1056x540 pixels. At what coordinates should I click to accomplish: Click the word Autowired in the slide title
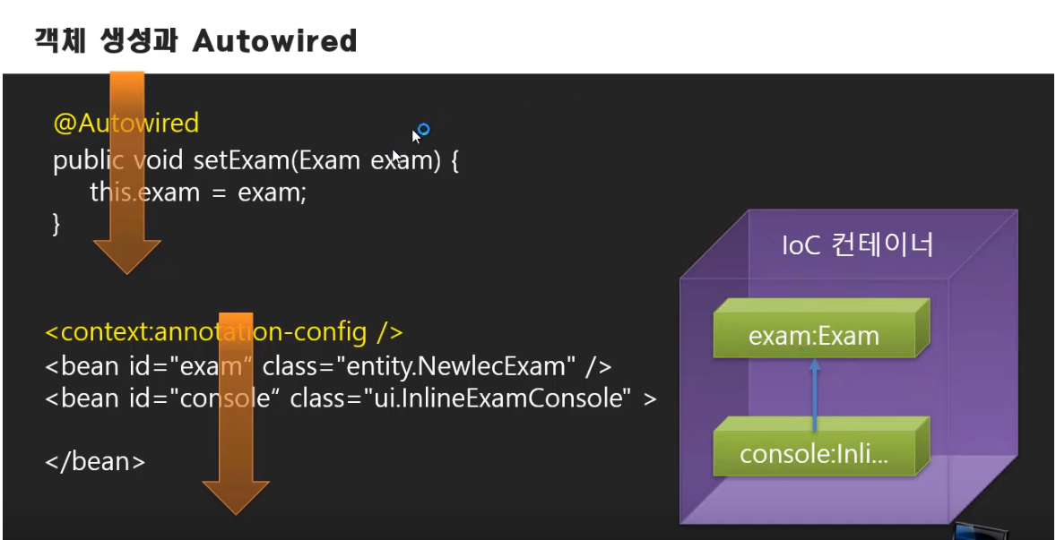(274, 40)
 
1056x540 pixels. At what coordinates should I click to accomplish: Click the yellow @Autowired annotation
(126, 123)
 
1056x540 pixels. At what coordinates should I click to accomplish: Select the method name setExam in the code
(242, 161)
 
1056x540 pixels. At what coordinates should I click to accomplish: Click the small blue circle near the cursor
(424, 130)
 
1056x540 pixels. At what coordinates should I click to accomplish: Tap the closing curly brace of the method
(57, 224)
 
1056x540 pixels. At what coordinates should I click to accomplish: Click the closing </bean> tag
(95, 462)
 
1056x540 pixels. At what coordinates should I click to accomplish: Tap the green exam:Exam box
(814, 337)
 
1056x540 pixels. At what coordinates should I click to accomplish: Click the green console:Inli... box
(814, 454)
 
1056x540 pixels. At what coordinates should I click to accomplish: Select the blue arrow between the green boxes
(814, 394)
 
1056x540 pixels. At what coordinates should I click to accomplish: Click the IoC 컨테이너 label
(857, 244)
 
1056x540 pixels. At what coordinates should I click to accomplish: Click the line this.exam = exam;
(198, 193)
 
